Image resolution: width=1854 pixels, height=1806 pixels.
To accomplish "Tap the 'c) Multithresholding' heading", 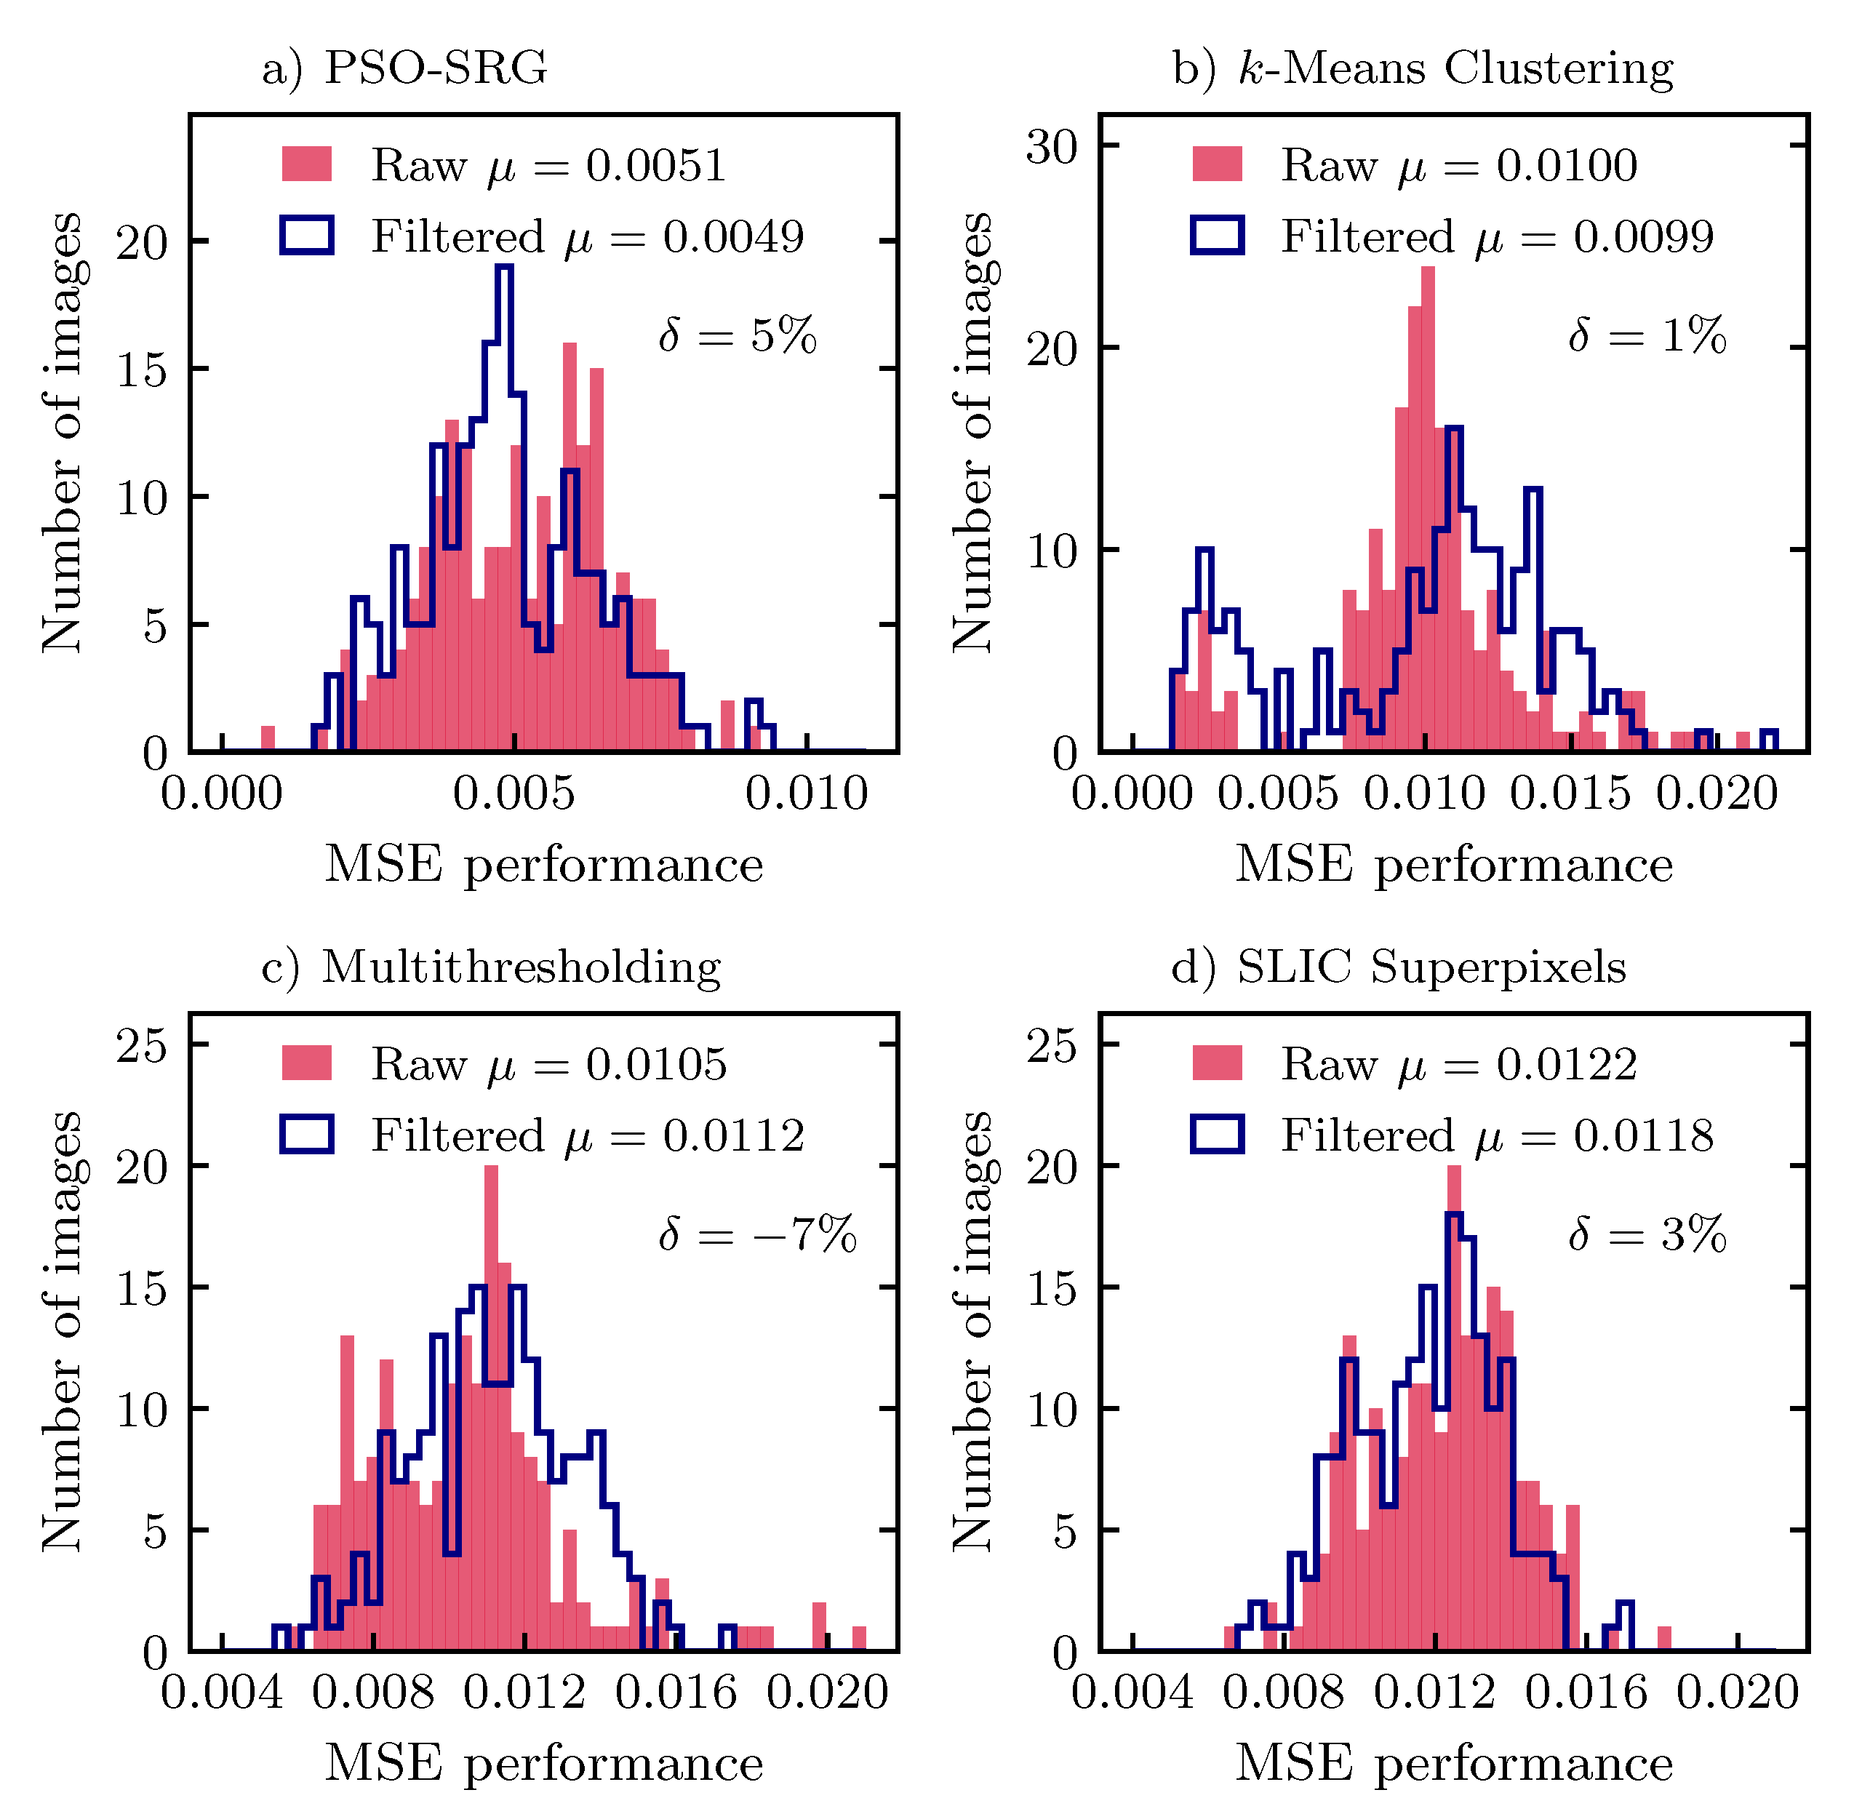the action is tap(491, 967).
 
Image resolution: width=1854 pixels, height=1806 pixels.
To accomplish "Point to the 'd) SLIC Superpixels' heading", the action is tap(1399, 967).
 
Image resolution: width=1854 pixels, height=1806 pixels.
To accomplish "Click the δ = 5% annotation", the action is tap(738, 335).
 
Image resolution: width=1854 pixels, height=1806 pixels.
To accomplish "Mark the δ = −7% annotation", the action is tap(758, 1234).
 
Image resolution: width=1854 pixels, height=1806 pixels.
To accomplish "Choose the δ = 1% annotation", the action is tap(1647, 335).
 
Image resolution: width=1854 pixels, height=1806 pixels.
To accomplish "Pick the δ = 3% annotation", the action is tap(1647, 1234).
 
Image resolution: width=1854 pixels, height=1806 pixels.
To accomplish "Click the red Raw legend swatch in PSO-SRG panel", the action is tap(307, 164).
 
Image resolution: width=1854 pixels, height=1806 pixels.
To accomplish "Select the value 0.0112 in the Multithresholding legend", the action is tap(733, 1135).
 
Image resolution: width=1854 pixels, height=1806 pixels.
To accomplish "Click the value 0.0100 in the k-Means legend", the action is tap(1567, 165).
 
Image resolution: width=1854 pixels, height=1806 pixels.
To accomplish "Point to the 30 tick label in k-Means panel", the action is tap(1052, 146).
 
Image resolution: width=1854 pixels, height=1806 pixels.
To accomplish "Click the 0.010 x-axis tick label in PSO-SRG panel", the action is tap(806, 793).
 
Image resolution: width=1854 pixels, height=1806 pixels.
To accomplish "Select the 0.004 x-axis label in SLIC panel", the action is tap(1132, 1693).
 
